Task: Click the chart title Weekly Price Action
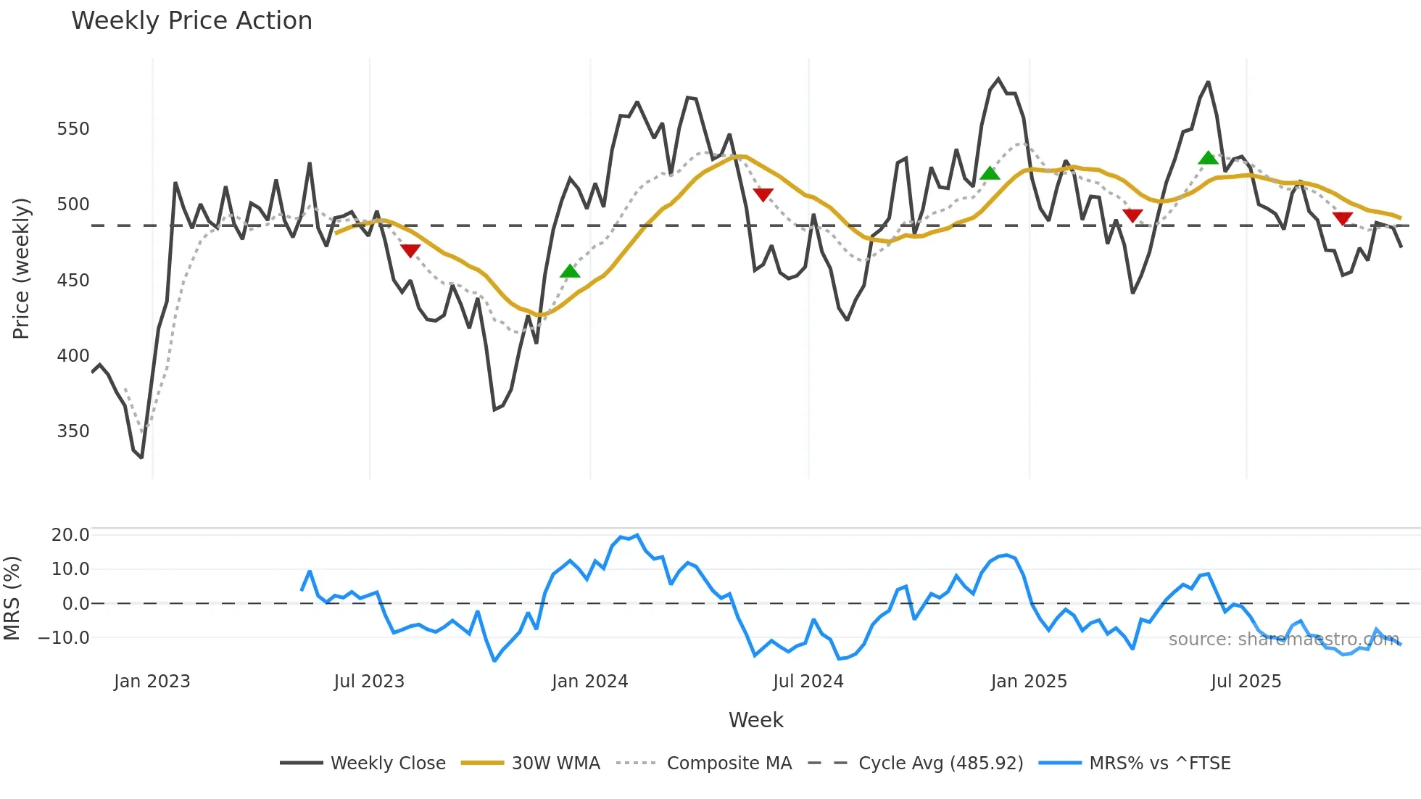click(x=191, y=21)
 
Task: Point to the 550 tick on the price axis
click(x=73, y=129)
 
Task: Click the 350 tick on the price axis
click(x=73, y=431)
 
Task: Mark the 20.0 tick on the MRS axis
click(x=70, y=535)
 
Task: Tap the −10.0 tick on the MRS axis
click(x=65, y=638)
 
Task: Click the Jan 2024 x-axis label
click(x=589, y=682)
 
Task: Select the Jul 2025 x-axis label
click(x=1246, y=682)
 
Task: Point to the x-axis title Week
click(x=755, y=720)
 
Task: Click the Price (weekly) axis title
click(x=22, y=268)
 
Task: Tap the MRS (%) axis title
click(x=12, y=598)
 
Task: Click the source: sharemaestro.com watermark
click(x=1283, y=639)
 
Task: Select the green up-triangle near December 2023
click(x=570, y=271)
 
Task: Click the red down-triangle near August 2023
click(x=410, y=251)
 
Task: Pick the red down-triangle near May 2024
click(x=763, y=194)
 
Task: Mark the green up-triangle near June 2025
click(x=1208, y=157)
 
